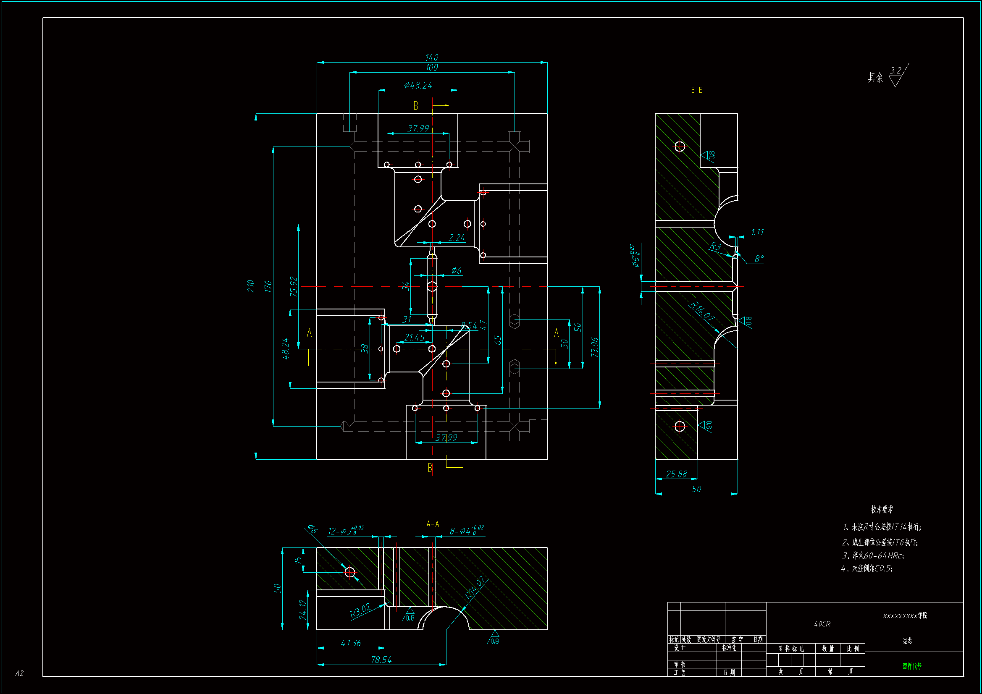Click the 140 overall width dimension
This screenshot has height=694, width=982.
431,57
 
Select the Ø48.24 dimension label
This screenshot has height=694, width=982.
418,85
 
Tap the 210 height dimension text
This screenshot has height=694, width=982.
251,286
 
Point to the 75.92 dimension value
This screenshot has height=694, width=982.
294,286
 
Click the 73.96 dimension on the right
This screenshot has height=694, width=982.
594,347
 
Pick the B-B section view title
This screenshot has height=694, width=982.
697,90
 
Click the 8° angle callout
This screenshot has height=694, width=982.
759,259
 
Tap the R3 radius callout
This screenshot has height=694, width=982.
715,246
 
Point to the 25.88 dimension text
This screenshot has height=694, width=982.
677,474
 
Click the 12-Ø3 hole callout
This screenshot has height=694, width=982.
346,531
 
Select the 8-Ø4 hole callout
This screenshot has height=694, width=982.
466,531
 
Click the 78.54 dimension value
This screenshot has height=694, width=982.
381,660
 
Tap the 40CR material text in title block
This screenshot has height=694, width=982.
822,624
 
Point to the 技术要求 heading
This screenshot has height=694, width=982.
882,509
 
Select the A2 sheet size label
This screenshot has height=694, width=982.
19,673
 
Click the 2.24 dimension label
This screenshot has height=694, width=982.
457,238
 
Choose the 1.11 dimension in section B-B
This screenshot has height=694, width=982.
757,232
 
